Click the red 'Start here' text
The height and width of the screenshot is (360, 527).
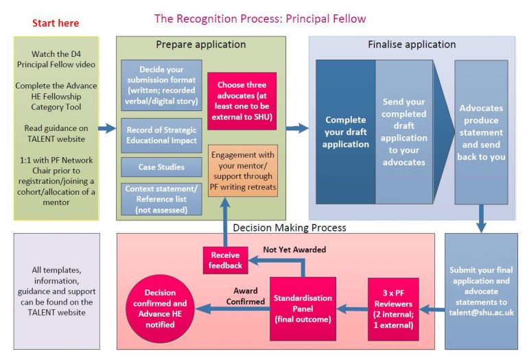56,23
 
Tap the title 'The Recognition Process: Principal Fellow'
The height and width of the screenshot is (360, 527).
260,18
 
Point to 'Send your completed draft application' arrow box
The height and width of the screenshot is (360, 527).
404,132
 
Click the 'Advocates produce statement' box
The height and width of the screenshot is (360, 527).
481,132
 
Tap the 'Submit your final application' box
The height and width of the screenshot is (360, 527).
480,291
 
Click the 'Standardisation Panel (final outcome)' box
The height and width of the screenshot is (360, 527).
303,308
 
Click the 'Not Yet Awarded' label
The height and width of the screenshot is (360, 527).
294,250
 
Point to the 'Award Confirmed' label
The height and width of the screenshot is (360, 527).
249,296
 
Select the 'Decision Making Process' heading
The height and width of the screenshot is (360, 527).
290,227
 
